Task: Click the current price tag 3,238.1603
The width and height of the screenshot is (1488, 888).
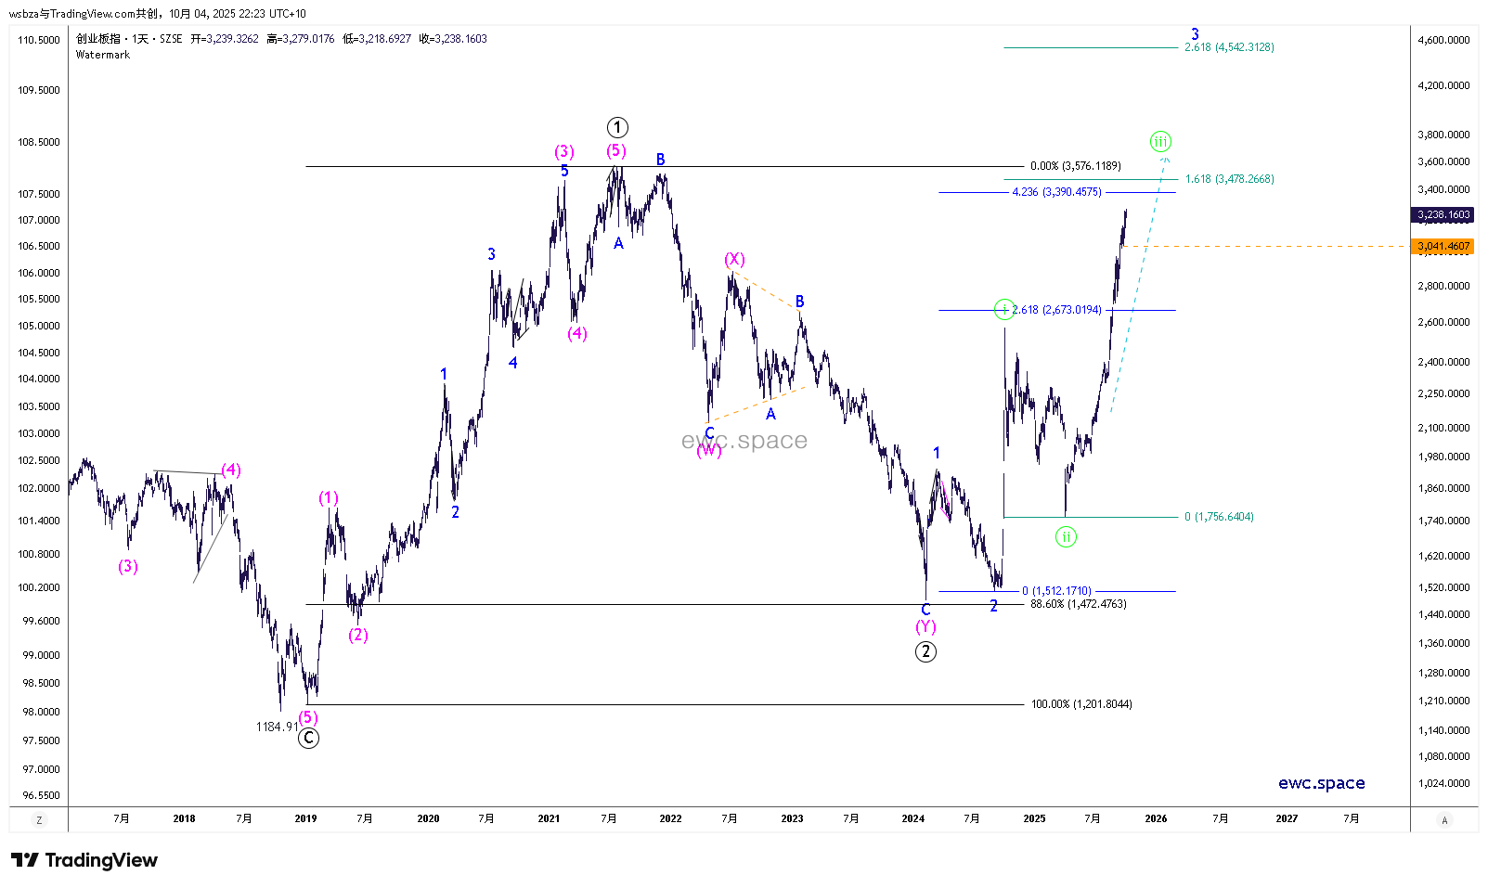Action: tap(1443, 215)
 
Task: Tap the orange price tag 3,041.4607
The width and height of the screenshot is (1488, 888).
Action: tap(1443, 247)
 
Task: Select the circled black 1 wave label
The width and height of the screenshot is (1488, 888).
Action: tap(617, 127)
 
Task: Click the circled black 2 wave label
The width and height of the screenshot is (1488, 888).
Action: tap(925, 651)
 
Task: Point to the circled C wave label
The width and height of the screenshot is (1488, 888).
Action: tap(308, 739)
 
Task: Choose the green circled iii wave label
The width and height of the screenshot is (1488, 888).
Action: tap(1160, 142)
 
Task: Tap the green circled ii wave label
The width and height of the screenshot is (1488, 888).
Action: tap(1066, 536)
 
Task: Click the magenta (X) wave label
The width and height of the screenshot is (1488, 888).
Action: tap(734, 260)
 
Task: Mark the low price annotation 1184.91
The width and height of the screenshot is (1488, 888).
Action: tap(277, 727)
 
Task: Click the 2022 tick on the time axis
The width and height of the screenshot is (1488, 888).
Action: tap(670, 818)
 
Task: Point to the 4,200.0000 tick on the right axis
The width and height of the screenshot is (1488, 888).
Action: tap(1443, 85)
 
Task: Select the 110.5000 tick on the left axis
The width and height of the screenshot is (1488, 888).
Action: tap(39, 40)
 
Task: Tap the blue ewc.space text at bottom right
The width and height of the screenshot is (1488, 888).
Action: tap(1321, 783)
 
